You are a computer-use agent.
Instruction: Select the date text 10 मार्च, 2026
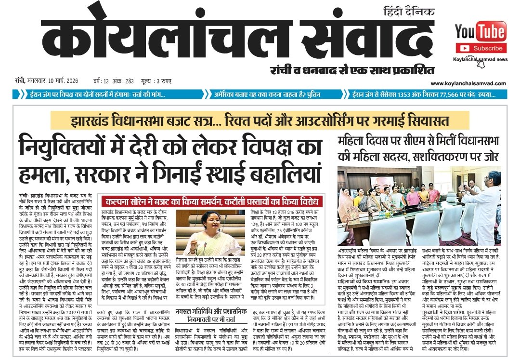60,80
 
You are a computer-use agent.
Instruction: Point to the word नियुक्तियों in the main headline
72,145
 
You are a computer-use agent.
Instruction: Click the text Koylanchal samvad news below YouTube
480,59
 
